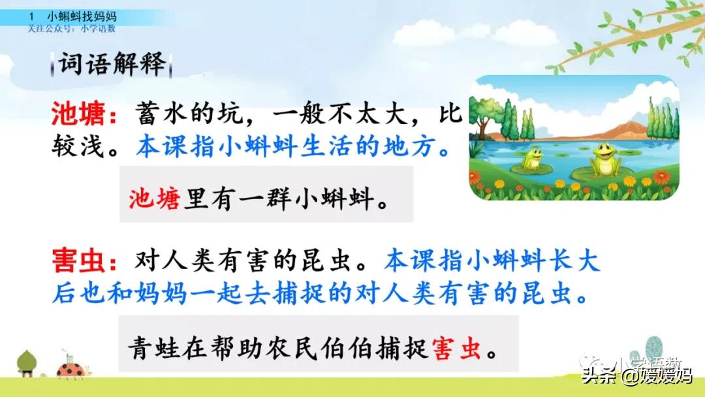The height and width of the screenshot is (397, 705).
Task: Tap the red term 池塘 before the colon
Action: tap(78, 116)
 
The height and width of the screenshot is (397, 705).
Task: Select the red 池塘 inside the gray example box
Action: tap(155, 196)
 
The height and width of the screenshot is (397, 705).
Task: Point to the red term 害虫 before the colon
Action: tap(78, 261)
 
